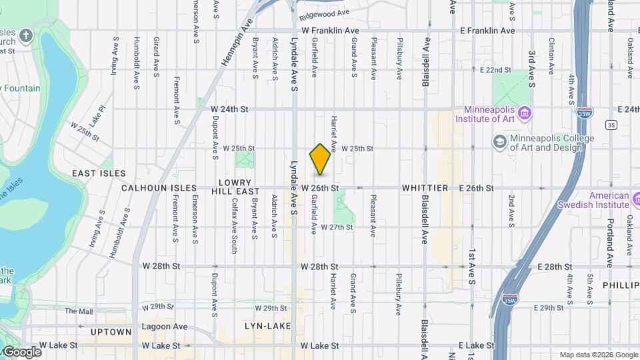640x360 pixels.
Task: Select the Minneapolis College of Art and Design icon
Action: point(499,142)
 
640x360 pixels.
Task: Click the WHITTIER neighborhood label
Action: point(424,189)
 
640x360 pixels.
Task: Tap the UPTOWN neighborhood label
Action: point(111,331)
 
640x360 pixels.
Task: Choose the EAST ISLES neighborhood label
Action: point(99,173)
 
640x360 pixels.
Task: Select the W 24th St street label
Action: point(229,109)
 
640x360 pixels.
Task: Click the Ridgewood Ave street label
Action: point(325,13)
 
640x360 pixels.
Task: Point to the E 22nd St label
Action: point(495,69)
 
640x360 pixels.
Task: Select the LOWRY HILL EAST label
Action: point(235,187)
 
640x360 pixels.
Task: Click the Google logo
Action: point(22,352)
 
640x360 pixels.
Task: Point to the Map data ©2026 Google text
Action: point(598,355)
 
